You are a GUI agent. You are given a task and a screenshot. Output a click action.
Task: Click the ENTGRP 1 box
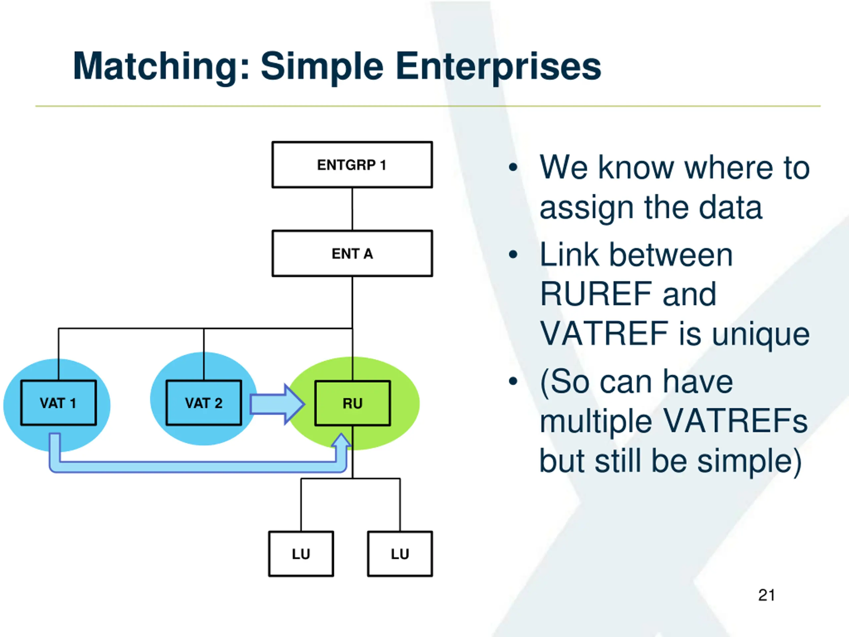[352, 165]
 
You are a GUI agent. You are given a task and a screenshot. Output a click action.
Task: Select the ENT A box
[352, 253]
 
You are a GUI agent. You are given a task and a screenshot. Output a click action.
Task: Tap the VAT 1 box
[58, 403]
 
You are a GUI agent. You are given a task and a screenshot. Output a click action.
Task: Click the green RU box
[352, 403]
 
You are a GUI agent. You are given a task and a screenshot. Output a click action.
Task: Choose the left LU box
[301, 554]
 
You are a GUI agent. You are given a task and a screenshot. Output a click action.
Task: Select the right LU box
[400, 554]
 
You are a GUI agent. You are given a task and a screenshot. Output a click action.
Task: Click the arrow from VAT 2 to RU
[277, 404]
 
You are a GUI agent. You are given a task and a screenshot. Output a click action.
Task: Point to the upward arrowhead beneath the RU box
[341, 440]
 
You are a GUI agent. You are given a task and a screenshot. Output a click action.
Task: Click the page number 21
[766, 595]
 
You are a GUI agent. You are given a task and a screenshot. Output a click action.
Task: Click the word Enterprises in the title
[498, 67]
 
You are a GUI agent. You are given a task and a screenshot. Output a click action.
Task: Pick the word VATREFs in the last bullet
[735, 421]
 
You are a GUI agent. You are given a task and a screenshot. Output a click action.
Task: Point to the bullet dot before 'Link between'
[513, 254]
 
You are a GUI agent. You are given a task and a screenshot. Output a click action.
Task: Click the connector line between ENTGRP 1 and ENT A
[352, 209]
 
